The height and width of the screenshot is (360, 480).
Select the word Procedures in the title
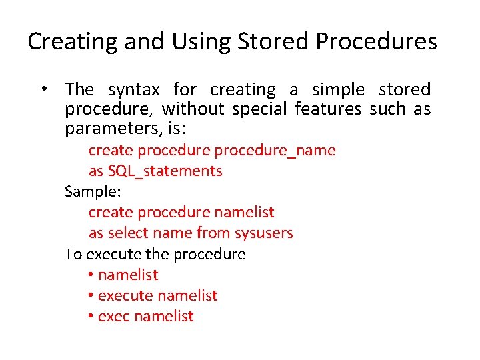376,42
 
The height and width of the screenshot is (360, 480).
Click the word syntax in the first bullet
134,90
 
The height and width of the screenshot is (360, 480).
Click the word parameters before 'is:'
109,128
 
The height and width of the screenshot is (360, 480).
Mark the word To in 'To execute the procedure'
73,254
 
